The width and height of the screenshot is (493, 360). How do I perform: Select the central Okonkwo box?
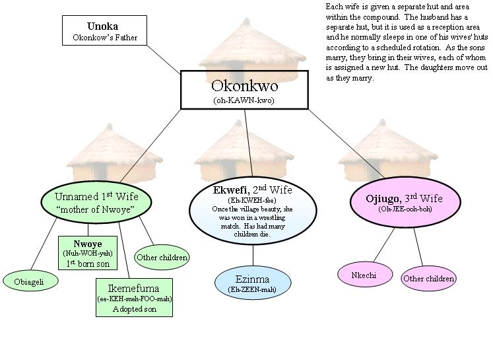tap(244, 90)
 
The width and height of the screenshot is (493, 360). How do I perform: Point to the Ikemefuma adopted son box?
tap(134, 297)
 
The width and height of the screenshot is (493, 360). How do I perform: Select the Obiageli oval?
tap(30, 281)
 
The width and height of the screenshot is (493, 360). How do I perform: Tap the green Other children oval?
tap(162, 257)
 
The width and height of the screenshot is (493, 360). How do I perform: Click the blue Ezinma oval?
tap(253, 282)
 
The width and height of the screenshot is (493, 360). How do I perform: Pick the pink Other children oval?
tap(428, 278)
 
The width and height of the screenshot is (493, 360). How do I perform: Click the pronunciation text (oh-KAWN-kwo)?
tap(245, 100)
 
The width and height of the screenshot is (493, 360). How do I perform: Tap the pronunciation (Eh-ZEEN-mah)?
tap(253, 288)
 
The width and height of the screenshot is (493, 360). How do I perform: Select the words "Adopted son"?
tap(134, 308)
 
